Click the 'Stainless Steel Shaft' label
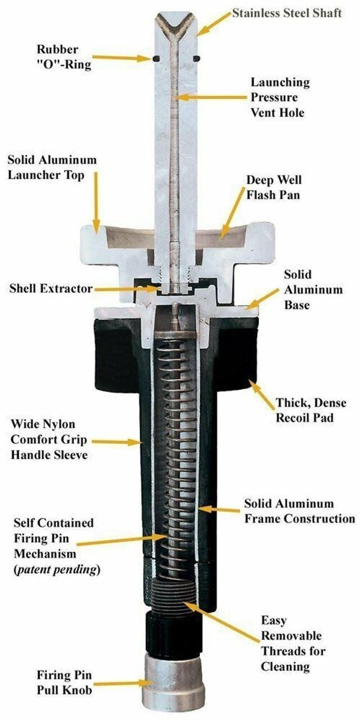coord(287,13)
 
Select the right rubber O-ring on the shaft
coord(197,58)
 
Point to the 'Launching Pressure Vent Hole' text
coord(280,97)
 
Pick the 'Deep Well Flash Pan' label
coord(274,187)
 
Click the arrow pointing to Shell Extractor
coord(126,289)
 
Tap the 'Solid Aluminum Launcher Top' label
coord(52,167)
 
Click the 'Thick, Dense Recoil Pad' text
coord(311,411)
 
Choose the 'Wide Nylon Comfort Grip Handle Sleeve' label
coord(49,439)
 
